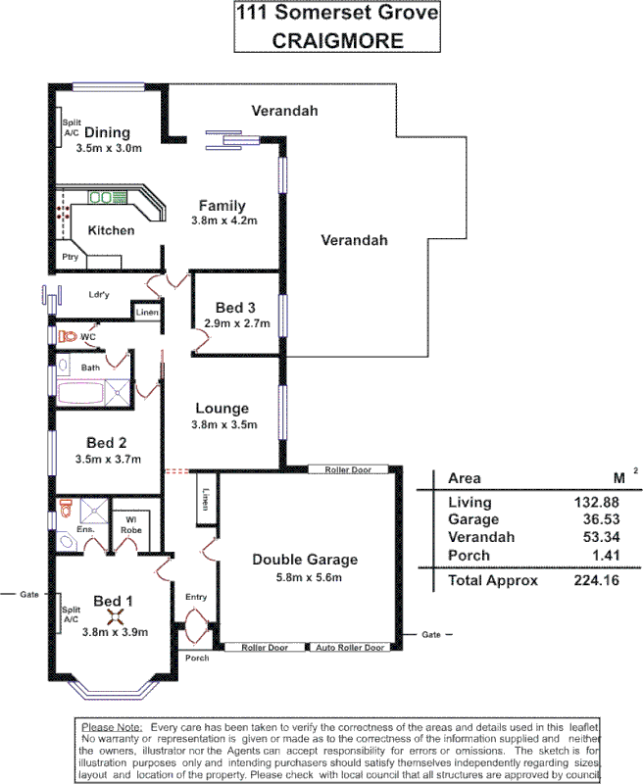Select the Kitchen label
(x=111, y=230)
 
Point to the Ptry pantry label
(x=70, y=258)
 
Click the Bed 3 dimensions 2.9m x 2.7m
(x=236, y=323)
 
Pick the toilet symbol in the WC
(x=67, y=336)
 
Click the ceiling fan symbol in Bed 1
(x=115, y=617)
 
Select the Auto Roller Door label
(x=352, y=648)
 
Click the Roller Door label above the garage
(x=343, y=470)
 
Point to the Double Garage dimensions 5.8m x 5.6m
(x=305, y=577)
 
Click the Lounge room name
(x=223, y=409)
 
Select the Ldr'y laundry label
(x=98, y=293)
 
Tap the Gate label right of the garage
(x=432, y=634)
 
